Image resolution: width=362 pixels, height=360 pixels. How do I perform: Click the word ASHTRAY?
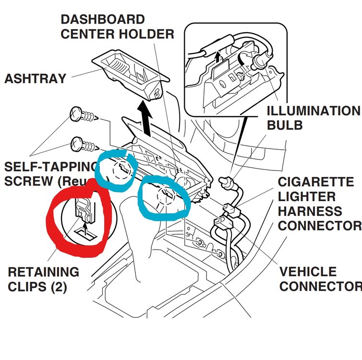pos(35,79)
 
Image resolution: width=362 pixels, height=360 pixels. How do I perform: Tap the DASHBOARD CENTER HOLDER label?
pos(117,27)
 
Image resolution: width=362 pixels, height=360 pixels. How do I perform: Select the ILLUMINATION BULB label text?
pos(312,118)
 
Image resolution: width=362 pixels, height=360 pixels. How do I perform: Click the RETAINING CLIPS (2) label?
pos(43,279)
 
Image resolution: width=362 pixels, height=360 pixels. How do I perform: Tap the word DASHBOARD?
pos(103,20)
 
